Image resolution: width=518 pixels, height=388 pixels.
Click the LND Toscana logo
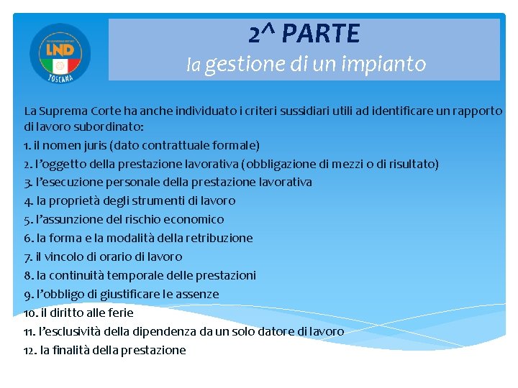pos(60,52)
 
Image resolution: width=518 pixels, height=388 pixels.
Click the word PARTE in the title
pos(322,33)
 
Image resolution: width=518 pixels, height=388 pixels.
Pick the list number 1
pos(27,144)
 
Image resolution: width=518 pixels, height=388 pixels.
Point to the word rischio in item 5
pos(142,219)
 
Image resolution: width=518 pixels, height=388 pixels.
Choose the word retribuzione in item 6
pos(219,238)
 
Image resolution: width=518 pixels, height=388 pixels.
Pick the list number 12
pos(29,350)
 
